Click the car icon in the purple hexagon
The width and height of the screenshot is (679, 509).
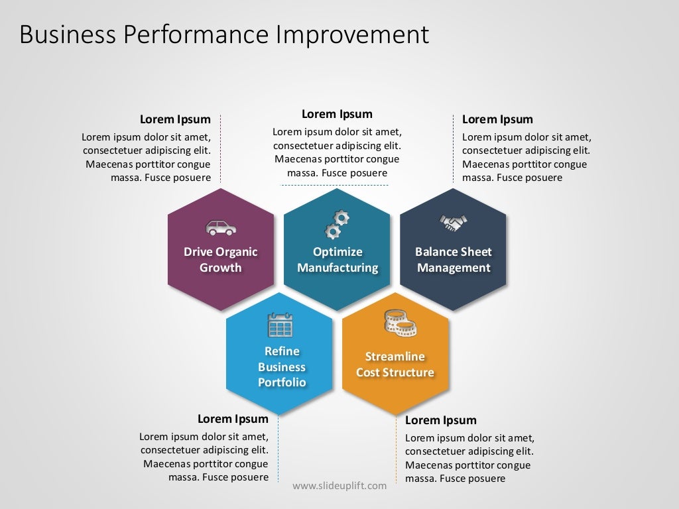coord(221,227)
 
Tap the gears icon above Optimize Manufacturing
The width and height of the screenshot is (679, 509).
coord(337,224)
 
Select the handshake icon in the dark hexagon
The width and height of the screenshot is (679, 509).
coord(454,223)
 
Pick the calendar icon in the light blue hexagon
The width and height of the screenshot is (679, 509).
coord(280,325)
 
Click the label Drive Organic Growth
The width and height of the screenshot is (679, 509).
coord(221,260)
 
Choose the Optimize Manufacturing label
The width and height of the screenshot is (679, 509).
coord(338,260)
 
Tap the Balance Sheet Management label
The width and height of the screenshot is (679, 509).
coord(454,260)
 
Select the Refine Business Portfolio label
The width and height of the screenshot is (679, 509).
coord(282,367)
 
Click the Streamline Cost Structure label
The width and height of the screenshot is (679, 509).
coord(395,365)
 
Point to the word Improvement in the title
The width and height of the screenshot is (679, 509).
coord(353,34)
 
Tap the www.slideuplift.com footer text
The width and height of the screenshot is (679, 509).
coord(339,486)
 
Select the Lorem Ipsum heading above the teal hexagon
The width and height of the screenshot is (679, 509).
coord(337,114)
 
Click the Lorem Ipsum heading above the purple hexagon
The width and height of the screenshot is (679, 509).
coord(175,119)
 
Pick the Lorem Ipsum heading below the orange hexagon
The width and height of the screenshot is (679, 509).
coord(440,420)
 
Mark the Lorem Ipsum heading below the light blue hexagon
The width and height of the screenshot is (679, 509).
coord(233,419)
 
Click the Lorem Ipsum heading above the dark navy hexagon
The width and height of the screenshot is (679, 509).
coord(497,119)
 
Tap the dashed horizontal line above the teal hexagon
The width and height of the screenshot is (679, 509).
coord(335,185)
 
